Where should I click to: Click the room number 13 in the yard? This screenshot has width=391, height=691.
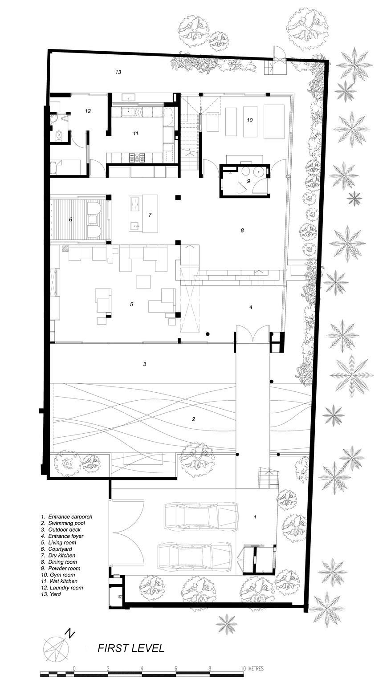[118, 72]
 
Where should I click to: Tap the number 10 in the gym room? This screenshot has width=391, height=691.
[249, 120]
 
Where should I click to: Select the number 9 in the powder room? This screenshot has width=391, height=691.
[249, 181]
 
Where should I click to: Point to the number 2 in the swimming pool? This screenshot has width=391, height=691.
[193, 419]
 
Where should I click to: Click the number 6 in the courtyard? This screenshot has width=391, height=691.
[70, 219]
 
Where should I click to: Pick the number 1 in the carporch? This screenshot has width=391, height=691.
[255, 517]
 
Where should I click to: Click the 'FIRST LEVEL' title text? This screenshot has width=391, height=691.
[131, 648]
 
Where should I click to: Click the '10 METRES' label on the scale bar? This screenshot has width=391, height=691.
[253, 668]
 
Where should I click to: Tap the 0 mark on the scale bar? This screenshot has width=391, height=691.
[74, 668]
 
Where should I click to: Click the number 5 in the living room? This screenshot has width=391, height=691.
[131, 305]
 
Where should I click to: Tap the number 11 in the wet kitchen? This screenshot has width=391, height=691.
[136, 133]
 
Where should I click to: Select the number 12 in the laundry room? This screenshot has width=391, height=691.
[88, 111]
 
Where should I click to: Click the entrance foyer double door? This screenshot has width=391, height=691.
[253, 335]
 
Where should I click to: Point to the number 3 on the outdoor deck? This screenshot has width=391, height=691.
[145, 364]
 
